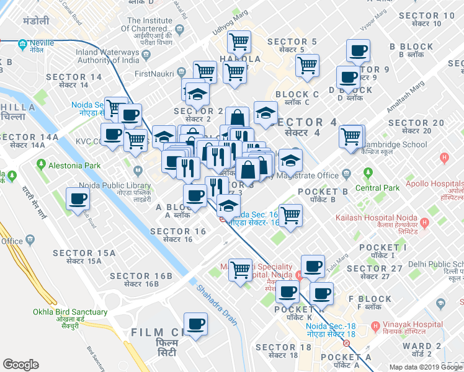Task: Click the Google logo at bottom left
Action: (x=21, y=365)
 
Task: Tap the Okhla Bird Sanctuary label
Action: (x=70, y=312)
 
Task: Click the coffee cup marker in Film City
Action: (x=195, y=324)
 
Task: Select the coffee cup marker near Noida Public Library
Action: (x=78, y=198)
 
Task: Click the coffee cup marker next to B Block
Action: (x=358, y=50)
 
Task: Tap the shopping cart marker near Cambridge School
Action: (x=352, y=136)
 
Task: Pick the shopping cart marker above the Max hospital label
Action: (x=240, y=269)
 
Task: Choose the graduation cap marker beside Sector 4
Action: (x=265, y=113)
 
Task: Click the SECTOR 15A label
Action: (x=84, y=253)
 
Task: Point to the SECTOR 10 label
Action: (x=427, y=15)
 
